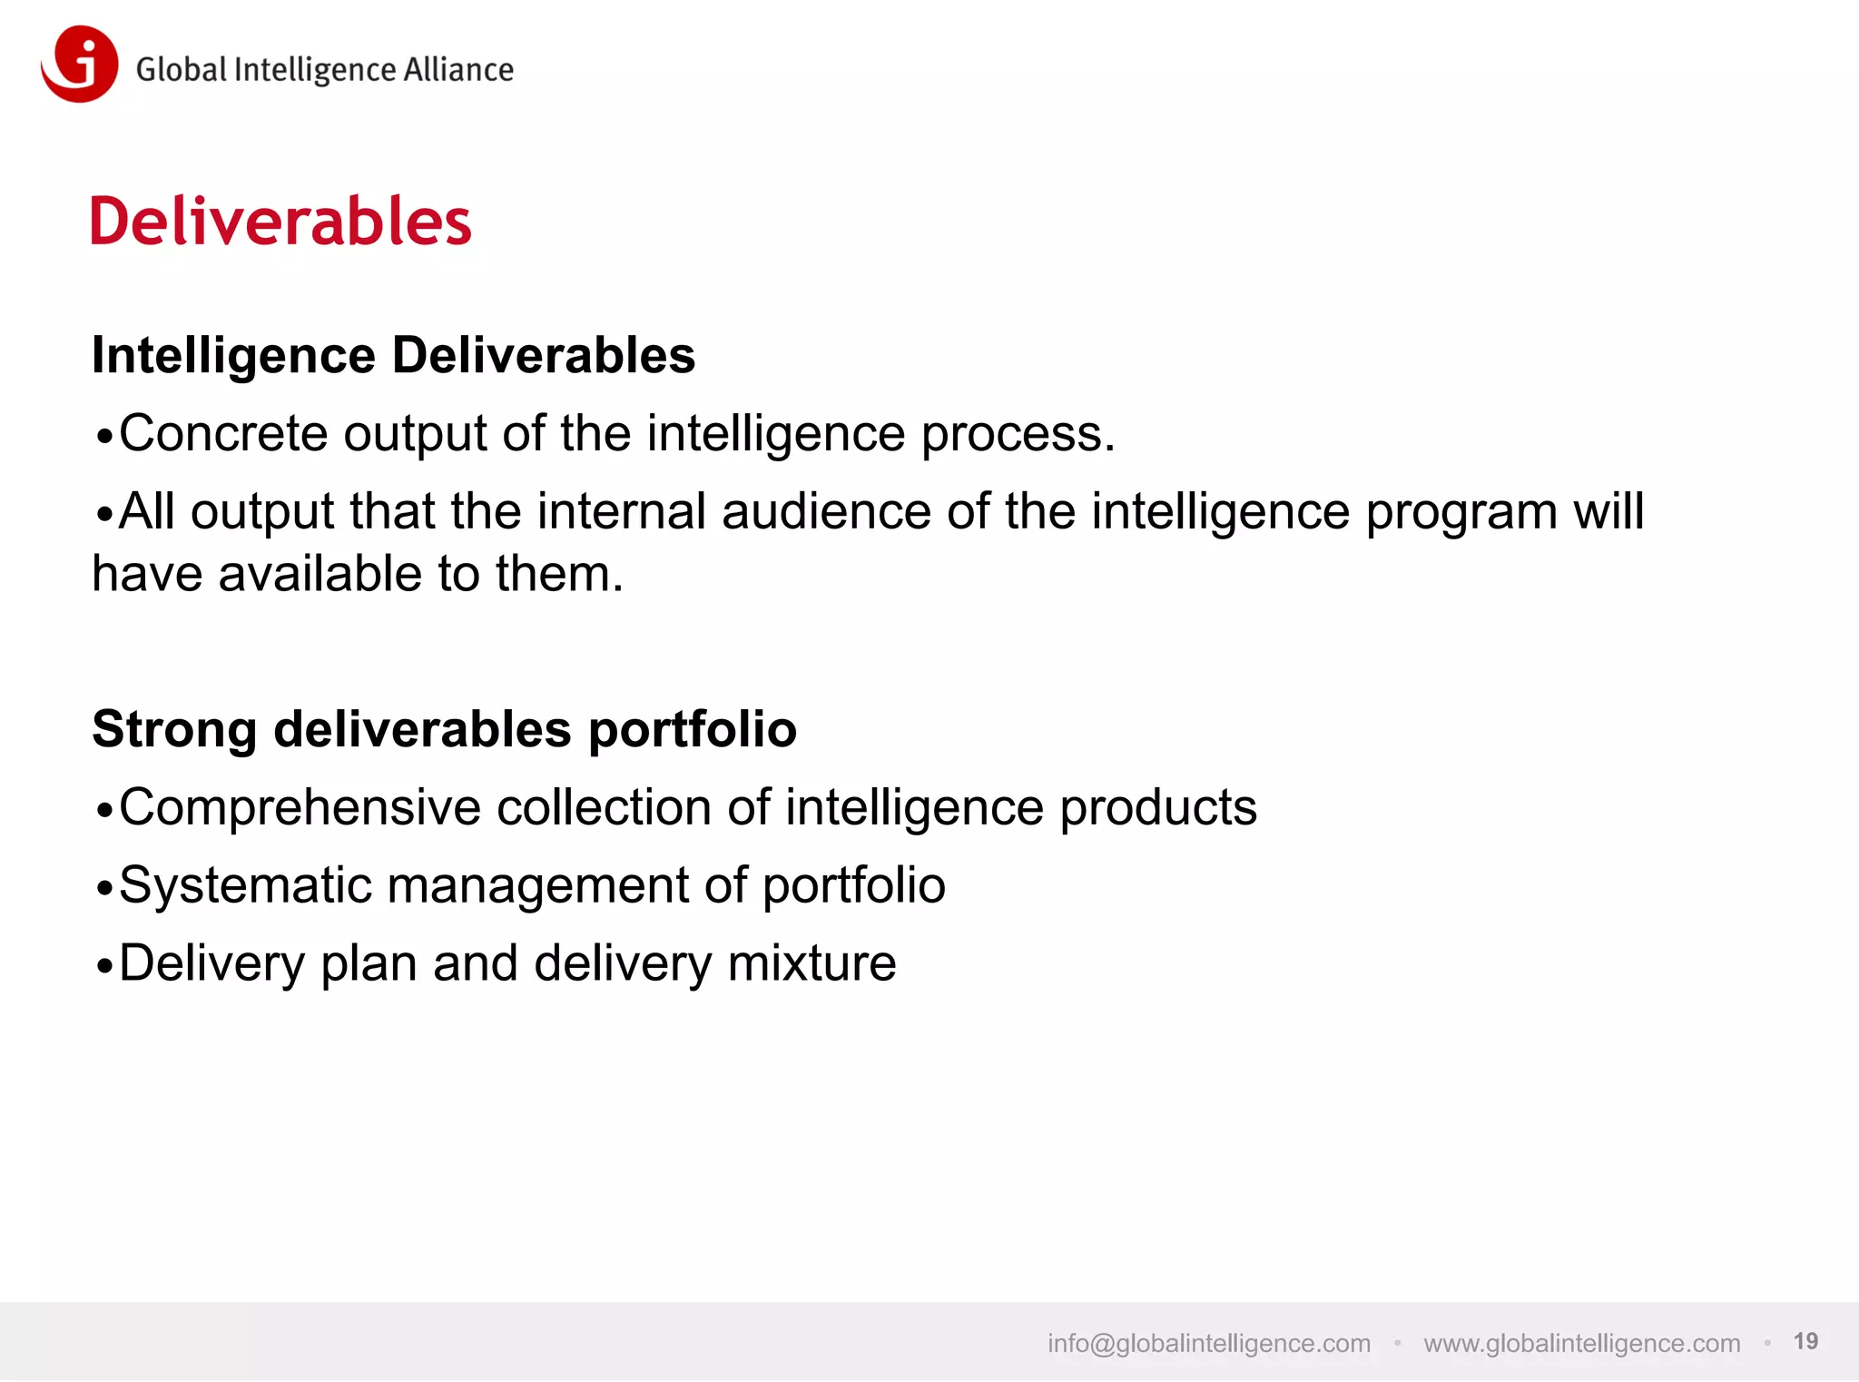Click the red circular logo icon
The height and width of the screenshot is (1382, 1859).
click(x=80, y=64)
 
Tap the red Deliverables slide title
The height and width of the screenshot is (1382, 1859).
click(x=280, y=222)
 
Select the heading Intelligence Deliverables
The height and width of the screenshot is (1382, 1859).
click(x=393, y=354)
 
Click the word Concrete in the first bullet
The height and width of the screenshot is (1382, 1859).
click(x=222, y=433)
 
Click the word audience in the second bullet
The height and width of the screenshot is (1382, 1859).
click(x=826, y=511)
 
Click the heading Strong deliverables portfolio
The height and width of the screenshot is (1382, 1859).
click(x=444, y=729)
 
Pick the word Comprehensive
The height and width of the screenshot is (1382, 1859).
click(x=300, y=808)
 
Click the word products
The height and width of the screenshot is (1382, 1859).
click(x=1158, y=808)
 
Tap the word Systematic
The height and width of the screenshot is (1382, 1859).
click(x=245, y=885)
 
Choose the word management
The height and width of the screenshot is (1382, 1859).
click(x=537, y=887)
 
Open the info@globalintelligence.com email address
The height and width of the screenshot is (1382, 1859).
click(x=1209, y=1343)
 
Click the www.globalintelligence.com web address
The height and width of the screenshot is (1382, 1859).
click(x=1581, y=1343)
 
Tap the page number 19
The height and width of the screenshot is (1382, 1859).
click(x=1805, y=1341)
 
